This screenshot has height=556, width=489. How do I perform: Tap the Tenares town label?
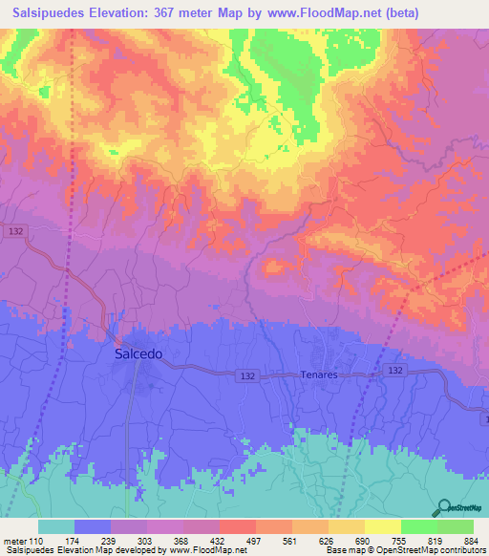pyautogui.click(x=320, y=375)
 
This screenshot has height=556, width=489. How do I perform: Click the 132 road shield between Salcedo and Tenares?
pyautogui.click(x=246, y=377)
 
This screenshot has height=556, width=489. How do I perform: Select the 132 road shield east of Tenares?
pyautogui.click(x=393, y=370)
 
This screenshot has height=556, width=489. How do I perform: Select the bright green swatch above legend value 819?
pyautogui.click(x=419, y=526)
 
